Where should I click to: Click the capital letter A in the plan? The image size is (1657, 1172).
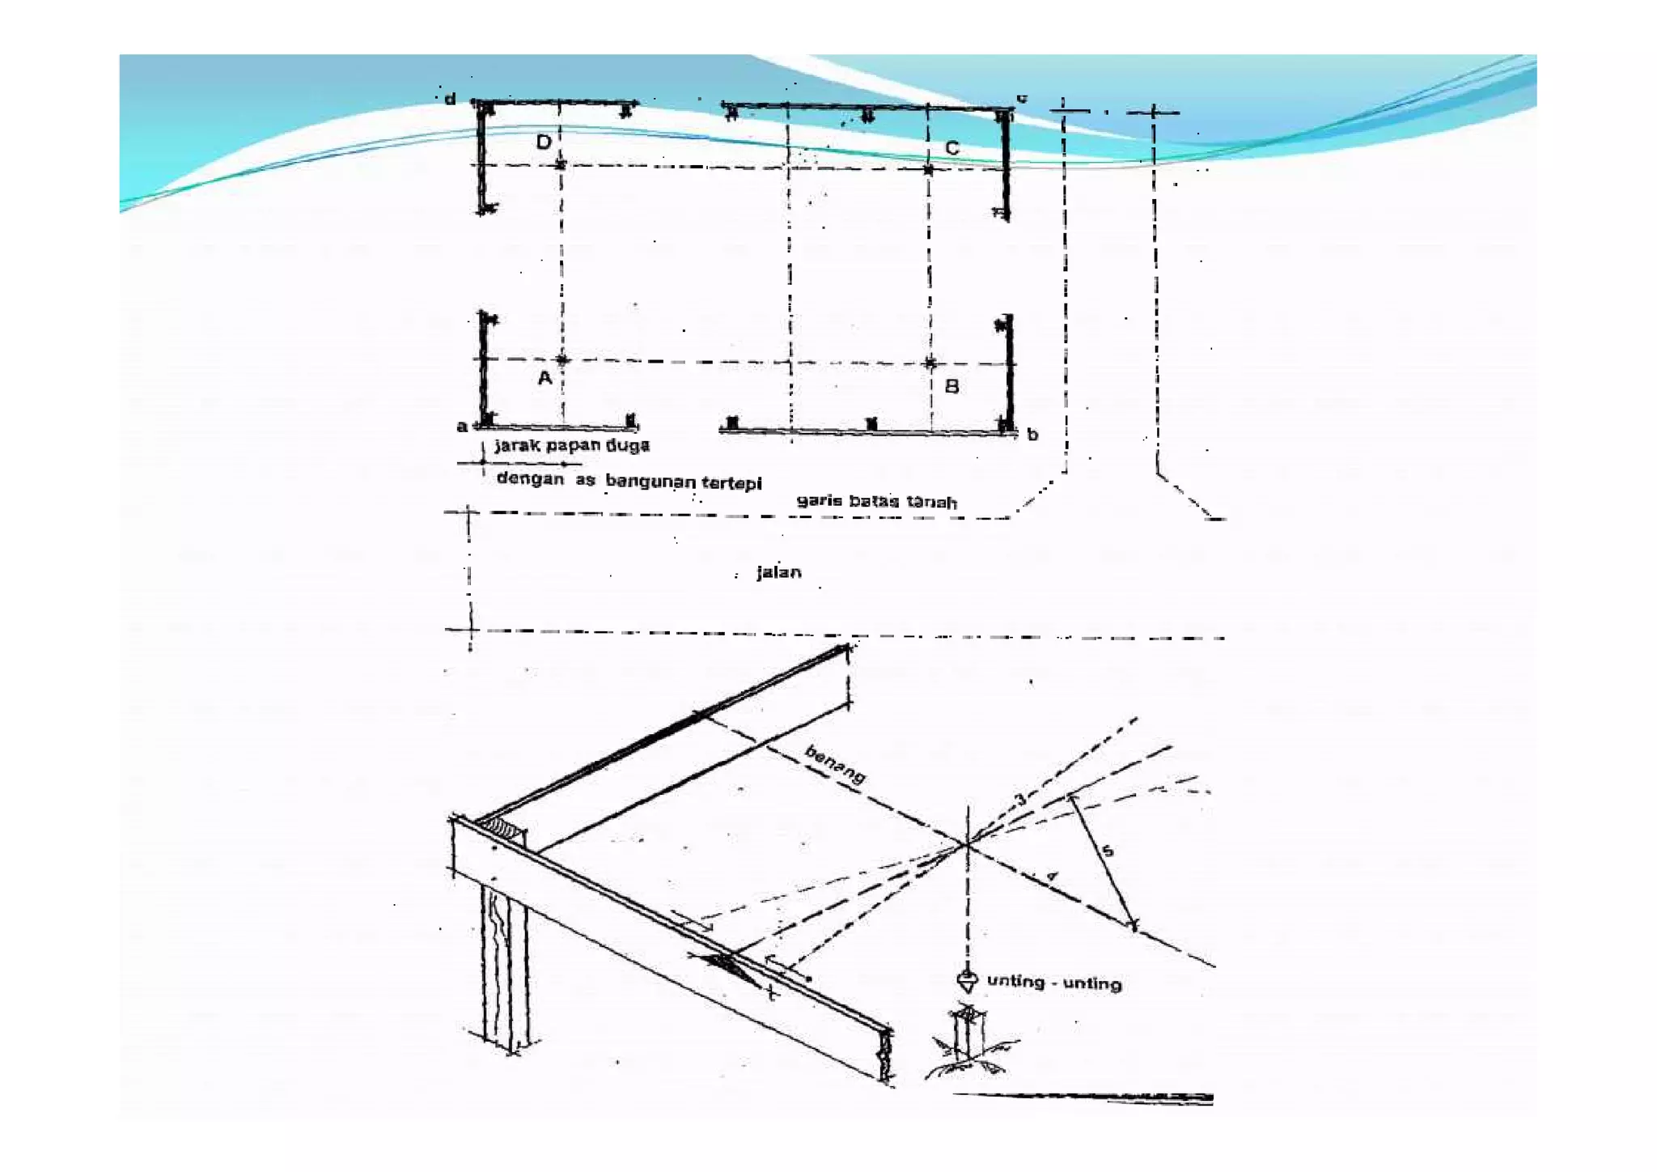(545, 378)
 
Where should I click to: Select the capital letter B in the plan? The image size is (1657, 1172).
(952, 387)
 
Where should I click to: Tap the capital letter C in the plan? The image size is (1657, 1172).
(952, 148)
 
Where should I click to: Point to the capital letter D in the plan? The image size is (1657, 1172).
(544, 142)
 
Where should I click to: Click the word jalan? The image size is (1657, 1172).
(779, 572)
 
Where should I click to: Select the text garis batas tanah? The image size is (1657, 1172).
(877, 501)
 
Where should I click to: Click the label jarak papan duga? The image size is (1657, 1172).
(571, 445)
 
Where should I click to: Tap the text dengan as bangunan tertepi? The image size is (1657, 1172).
(629, 480)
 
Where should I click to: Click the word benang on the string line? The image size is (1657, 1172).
(835, 765)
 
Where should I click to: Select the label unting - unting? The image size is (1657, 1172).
(1054, 983)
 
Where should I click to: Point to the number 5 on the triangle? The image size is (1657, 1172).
(1108, 851)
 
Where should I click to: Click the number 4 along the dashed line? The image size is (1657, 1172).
(1052, 877)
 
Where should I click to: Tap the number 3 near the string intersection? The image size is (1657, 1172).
(1020, 800)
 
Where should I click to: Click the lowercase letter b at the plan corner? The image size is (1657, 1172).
(1032, 435)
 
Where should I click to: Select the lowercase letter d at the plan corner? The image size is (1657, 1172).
(450, 99)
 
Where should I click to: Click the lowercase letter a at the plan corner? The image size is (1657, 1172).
(461, 427)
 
